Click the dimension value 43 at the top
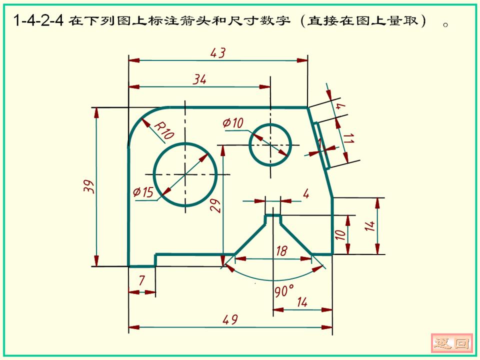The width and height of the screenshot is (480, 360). click(x=218, y=53)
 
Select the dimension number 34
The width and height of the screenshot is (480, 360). click(x=199, y=79)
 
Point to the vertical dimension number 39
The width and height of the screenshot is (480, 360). click(x=88, y=186)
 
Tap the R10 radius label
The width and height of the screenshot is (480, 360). click(x=163, y=130)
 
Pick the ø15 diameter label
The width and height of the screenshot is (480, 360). click(x=143, y=192)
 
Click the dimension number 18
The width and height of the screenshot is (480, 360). click(x=281, y=251)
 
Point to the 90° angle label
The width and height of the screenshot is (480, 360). click(x=284, y=290)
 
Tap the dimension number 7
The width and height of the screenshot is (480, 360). click(x=141, y=281)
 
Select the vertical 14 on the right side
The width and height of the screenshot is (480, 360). click(x=369, y=226)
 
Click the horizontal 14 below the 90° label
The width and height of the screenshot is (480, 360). click(x=302, y=302)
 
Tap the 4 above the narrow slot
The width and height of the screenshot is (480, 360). click(x=306, y=193)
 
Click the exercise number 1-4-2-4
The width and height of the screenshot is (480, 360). click(x=38, y=21)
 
